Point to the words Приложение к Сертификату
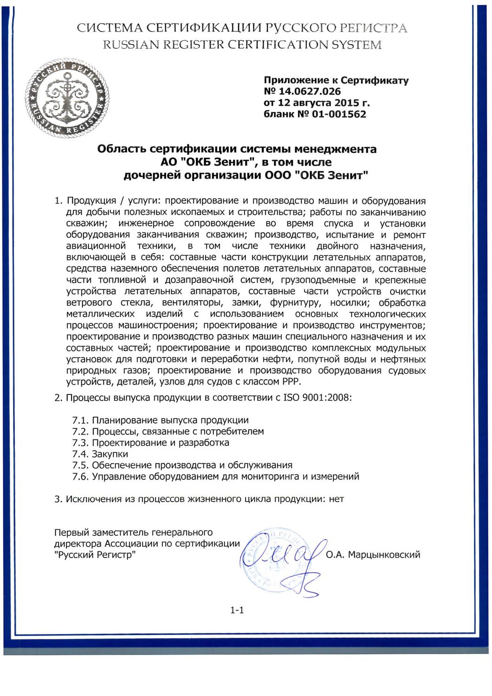(x=336, y=80)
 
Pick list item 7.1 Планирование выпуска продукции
(x=161, y=420)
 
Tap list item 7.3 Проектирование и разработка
(x=151, y=443)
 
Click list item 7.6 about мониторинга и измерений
(x=216, y=477)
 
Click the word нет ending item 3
(x=336, y=499)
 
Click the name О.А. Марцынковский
(x=373, y=554)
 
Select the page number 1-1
(x=237, y=611)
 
